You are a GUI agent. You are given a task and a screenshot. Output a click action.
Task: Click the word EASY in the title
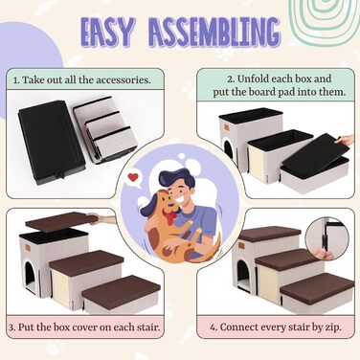pos(107,32)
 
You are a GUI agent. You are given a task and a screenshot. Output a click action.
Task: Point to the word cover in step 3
pos(84,327)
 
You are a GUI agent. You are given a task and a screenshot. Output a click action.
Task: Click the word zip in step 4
pos(333,327)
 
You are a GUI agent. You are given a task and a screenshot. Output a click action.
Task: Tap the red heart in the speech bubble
pos(133,177)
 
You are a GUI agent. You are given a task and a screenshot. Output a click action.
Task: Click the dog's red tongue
pos(169,218)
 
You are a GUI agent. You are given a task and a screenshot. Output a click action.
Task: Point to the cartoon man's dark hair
pos(176,180)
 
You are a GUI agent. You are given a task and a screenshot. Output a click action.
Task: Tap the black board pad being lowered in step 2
pos(315,154)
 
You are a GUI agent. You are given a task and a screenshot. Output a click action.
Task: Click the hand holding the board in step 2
pos(346,140)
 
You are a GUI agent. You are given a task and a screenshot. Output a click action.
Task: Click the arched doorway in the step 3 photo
pos(31,277)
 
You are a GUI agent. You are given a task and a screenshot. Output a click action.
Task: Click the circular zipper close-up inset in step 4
pos(327,239)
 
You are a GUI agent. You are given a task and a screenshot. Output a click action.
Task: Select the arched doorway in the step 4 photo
pos(244,275)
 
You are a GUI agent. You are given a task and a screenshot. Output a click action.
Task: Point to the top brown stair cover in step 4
pos(270,234)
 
